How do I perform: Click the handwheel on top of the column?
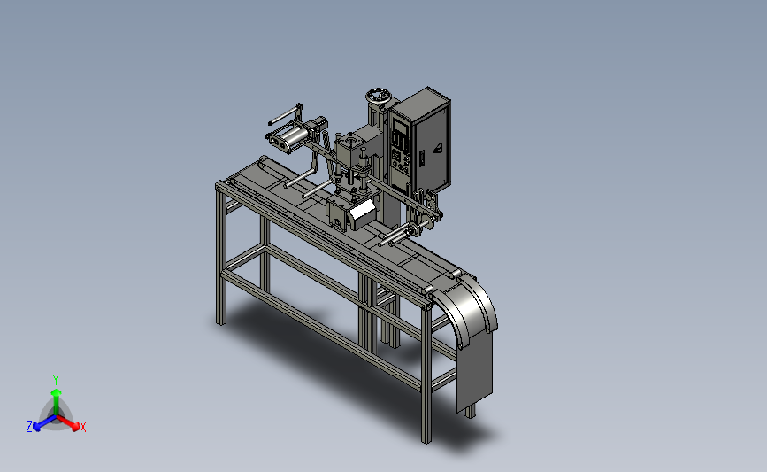tap(379, 96)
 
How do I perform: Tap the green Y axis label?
tap(56, 380)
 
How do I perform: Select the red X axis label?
tap(83, 427)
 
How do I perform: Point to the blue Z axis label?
tap(29, 427)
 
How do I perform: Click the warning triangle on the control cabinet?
tap(438, 147)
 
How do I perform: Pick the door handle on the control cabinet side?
tap(422, 157)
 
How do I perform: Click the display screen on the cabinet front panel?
tap(400, 128)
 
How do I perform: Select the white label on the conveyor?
tap(363, 211)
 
